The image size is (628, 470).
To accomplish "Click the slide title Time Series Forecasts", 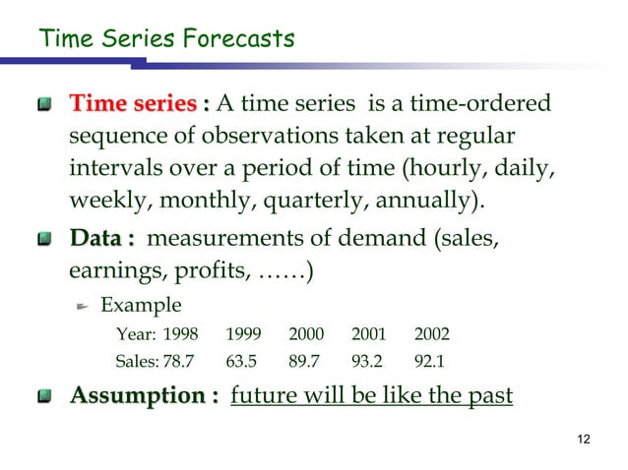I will click(165, 39).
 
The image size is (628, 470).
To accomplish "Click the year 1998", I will click(179, 332).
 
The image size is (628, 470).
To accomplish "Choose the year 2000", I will click(306, 332).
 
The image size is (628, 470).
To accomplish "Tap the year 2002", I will click(432, 332).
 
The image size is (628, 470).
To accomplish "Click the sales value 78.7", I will click(178, 360).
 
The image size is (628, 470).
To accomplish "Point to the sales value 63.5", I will click(241, 360).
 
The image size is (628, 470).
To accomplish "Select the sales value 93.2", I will click(368, 360).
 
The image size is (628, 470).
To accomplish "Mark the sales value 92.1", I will click(430, 360).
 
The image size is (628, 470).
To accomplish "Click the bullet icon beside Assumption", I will click(44, 397).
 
